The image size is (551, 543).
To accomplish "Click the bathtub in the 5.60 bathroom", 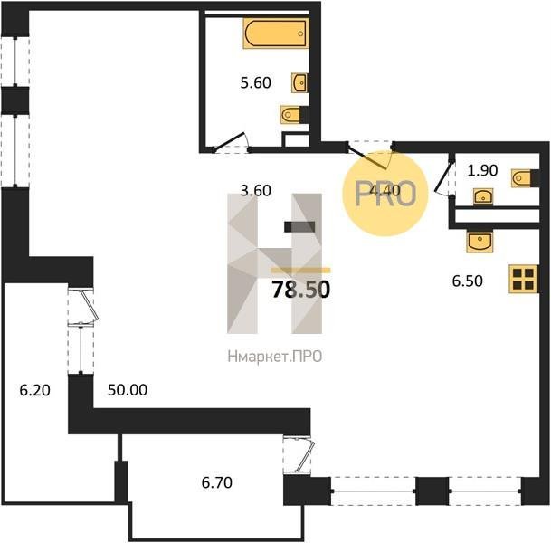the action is click(276, 33).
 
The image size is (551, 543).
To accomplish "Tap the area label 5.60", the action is click(255, 83).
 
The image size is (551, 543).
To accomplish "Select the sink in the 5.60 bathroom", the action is click(299, 83).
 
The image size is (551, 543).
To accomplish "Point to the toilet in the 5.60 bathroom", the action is click(290, 114).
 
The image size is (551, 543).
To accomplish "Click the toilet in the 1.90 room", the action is click(521, 178).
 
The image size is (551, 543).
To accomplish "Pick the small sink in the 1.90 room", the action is click(483, 196).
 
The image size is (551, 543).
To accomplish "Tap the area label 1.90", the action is click(482, 170).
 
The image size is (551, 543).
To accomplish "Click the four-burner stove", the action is click(523, 279).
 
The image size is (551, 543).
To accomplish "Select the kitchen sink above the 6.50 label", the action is click(480, 242).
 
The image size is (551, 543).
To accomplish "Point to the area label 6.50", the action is click(468, 281).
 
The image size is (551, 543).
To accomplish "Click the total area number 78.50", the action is click(301, 290).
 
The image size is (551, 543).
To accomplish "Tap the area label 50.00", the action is click(128, 390).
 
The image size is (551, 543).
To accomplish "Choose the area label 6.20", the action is click(34, 390).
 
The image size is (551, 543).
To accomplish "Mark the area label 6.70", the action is click(217, 482).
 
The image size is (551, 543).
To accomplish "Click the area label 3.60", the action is click(255, 190).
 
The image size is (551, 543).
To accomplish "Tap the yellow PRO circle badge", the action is click(385, 193).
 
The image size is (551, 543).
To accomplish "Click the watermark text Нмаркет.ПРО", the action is click(275, 357).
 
